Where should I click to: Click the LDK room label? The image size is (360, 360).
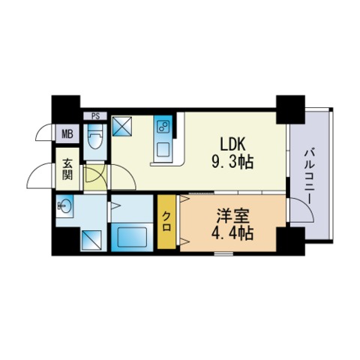[232, 145]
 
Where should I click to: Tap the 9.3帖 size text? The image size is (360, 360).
[232, 162]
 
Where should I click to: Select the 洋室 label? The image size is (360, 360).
[232, 216]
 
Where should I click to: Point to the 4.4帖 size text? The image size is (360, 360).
[232, 233]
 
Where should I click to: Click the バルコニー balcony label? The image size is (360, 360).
[310, 177]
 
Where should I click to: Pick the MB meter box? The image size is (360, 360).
[67, 134]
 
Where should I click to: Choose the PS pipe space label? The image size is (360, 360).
[95, 116]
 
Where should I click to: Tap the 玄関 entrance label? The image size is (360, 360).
[67, 169]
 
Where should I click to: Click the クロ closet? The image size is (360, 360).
[166, 221]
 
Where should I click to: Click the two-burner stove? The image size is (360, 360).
[163, 127]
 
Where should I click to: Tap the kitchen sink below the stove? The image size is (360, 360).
[163, 149]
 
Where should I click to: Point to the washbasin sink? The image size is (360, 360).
[64, 206]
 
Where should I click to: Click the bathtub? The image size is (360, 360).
[132, 238]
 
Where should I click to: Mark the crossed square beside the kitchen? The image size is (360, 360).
[121, 126]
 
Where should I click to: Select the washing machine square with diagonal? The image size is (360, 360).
[91, 240]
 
